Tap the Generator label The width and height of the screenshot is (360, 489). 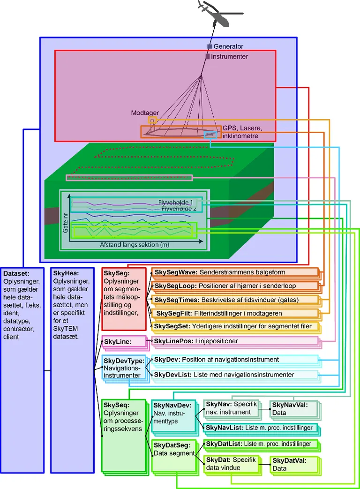228,46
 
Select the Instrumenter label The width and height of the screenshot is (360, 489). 229,57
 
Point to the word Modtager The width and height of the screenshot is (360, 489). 145,113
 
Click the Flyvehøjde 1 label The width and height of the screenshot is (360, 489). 175,202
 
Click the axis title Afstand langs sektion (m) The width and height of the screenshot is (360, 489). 134,245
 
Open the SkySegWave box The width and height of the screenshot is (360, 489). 234,272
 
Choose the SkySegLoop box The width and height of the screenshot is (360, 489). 234,286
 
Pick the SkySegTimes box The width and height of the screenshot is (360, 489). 234,300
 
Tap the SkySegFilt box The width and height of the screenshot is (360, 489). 234,313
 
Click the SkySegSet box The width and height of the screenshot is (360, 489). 234,326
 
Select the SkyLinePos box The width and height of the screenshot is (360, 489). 234,341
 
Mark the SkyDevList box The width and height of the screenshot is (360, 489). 234,375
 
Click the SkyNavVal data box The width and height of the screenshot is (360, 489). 293,409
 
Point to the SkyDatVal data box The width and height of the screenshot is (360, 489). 292,465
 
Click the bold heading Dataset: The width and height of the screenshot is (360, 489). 16,273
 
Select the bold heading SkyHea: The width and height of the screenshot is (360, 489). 66,273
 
